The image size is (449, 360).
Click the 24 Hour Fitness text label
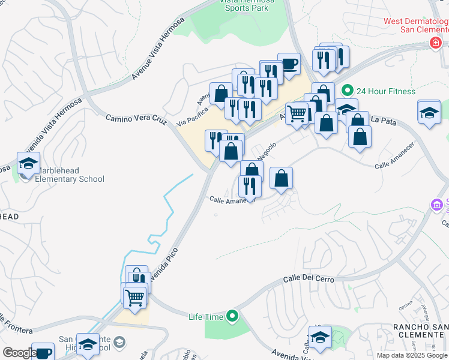click(385, 91)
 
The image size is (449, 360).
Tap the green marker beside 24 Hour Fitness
click(347, 91)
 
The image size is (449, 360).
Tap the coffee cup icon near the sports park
click(289, 64)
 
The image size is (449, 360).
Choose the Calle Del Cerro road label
click(308, 279)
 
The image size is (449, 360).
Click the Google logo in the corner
click(19, 353)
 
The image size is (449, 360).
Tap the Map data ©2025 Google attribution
click(412, 355)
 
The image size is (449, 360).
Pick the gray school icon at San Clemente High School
click(119, 343)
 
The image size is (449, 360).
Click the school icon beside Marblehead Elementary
click(27, 163)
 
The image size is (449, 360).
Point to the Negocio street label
click(267, 150)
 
